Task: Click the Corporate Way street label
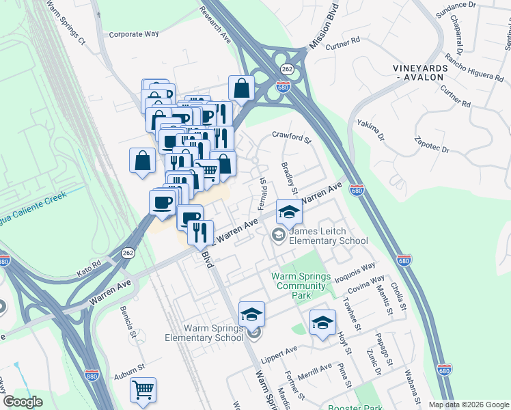(x=134, y=33)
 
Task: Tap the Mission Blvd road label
(x=324, y=32)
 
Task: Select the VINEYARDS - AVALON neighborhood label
(x=420, y=74)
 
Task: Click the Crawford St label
(x=292, y=137)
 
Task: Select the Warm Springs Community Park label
(x=301, y=286)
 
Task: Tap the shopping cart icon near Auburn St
(x=143, y=390)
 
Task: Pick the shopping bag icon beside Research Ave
(x=241, y=88)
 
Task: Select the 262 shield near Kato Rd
(x=128, y=252)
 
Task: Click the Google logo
(x=23, y=402)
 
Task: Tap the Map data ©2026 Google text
(x=469, y=405)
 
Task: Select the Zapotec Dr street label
(x=432, y=144)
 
